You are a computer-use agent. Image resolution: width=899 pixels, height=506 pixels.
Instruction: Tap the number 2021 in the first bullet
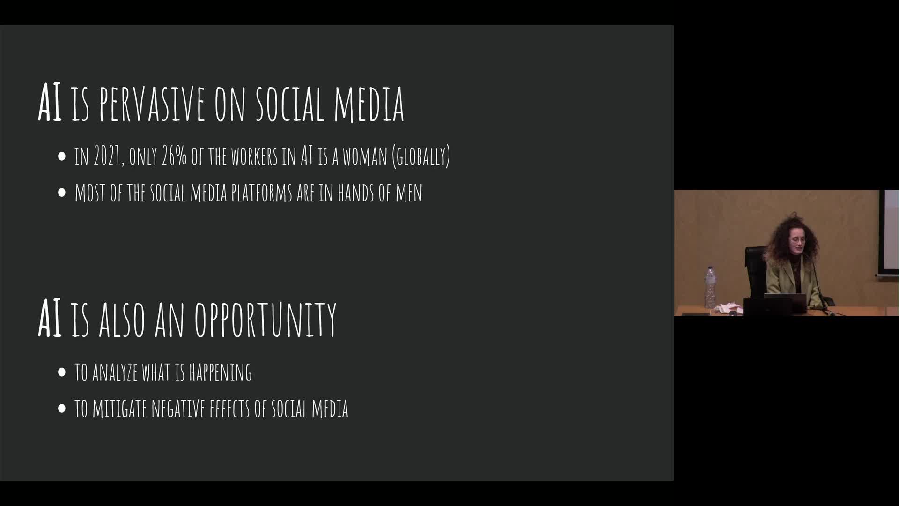point(108,156)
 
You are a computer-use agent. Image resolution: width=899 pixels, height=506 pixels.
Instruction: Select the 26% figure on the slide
point(174,156)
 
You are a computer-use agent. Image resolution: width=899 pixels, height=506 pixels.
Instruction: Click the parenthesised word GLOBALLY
point(421,156)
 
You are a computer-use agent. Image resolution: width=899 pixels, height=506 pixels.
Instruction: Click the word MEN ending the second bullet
point(409,193)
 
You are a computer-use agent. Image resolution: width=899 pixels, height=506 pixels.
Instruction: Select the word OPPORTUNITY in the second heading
point(265,319)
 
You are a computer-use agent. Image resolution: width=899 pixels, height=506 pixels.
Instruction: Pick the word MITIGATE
point(119,409)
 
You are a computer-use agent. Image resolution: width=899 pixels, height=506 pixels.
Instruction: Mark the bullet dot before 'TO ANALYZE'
point(62,372)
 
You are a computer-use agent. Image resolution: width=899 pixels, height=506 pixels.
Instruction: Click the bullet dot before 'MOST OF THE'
point(62,193)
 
